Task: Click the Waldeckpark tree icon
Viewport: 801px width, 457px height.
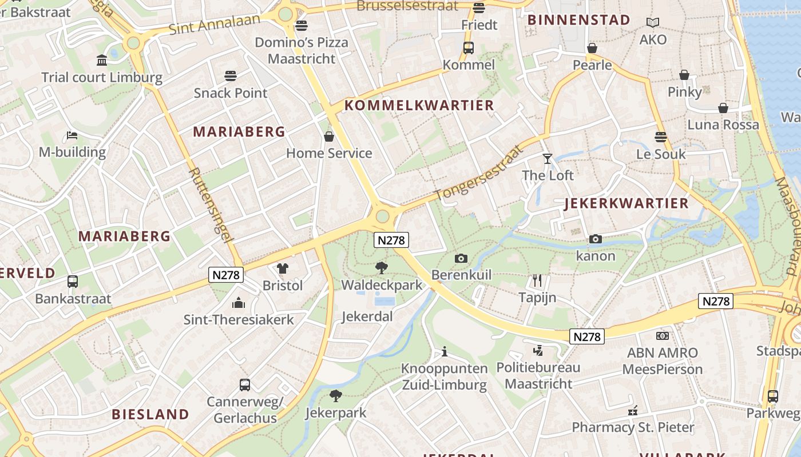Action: click(x=381, y=267)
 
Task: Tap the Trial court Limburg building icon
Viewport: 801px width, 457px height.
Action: click(x=102, y=60)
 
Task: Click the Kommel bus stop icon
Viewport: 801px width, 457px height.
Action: click(x=469, y=48)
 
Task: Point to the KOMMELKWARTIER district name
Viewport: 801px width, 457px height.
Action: click(x=419, y=105)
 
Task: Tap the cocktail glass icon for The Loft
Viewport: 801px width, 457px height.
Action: click(x=548, y=158)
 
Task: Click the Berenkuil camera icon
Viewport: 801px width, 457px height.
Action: click(x=461, y=258)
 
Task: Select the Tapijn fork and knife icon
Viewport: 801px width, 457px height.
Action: click(x=537, y=280)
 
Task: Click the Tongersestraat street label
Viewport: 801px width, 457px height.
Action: click(x=479, y=173)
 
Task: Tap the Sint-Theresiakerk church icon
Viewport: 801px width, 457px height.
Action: click(x=239, y=303)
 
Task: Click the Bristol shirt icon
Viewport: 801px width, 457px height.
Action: click(x=283, y=268)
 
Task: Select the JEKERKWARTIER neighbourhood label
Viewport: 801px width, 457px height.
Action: click(x=626, y=203)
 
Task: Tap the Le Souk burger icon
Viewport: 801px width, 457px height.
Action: click(x=661, y=137)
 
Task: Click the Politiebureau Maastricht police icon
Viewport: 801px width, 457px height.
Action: click(x=538, y=350)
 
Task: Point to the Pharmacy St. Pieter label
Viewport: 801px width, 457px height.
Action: click(x=633, y=427)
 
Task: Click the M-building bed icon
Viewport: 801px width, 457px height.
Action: click(x=72, y=135)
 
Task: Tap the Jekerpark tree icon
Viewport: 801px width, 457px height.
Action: click(x=336, y=395)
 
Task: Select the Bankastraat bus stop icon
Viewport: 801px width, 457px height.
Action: click(x=73, y=282)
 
